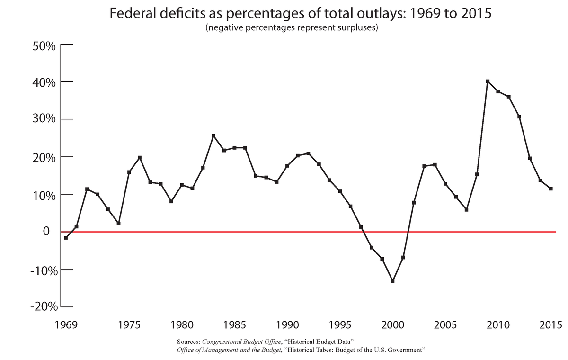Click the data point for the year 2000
point(393,281)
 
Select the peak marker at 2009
point(488,81)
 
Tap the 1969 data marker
point(66,238)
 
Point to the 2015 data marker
point(551,189)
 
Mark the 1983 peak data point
point(213,136)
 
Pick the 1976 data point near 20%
point(140,158)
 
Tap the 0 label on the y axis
point(46,231)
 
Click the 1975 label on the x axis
point(130,325)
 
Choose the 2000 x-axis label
point(392,325)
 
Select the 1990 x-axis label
point(288,325)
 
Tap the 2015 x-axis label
point(550,325)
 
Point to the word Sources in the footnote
point(188,342)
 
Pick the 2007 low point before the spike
point(466,209)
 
